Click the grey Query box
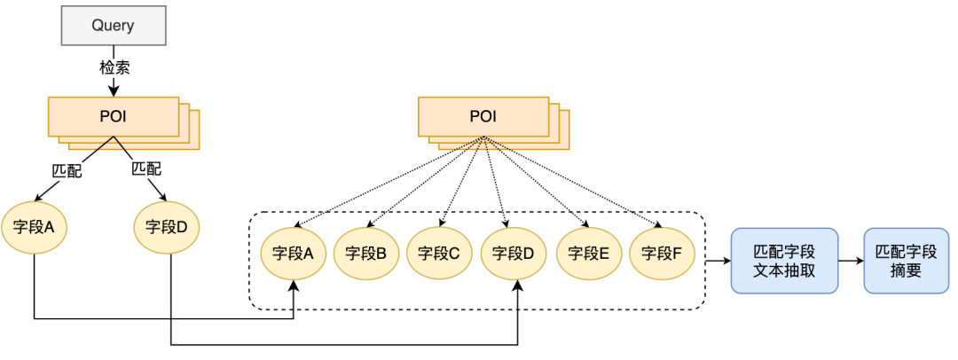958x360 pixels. (113, 26)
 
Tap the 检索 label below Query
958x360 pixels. (113, 67)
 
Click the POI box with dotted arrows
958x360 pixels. (483, 117)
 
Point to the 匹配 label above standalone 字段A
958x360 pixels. (67, 170)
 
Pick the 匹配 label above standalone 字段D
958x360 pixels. (146, 167)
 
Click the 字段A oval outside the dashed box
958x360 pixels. (34, 227)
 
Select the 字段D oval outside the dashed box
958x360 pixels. (167, 227)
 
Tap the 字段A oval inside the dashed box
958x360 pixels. (294, 254)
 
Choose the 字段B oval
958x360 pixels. (366, 254)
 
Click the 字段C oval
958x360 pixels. (440, 254)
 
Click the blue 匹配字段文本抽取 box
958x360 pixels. (784, 261)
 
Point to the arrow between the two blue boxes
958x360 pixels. (851, 261)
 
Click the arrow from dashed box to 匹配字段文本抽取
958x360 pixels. (717, 261)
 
